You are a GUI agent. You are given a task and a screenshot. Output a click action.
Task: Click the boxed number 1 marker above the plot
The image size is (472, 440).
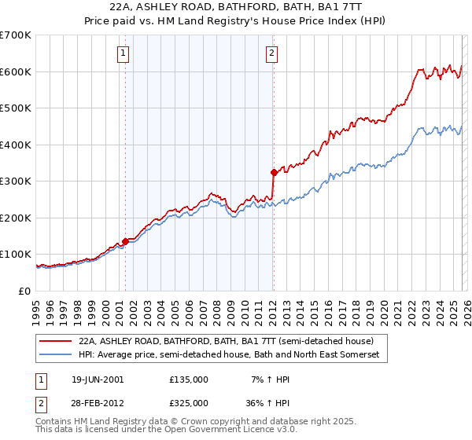124,53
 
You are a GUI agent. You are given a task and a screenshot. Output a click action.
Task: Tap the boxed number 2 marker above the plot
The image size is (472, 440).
271,53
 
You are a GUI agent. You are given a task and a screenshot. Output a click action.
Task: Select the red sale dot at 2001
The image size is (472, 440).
125,241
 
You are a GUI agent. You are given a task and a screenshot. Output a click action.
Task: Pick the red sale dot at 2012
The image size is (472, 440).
273,171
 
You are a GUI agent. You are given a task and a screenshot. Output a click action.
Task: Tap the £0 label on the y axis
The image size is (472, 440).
24,291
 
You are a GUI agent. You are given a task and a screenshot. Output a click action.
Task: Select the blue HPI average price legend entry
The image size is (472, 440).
229,355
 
